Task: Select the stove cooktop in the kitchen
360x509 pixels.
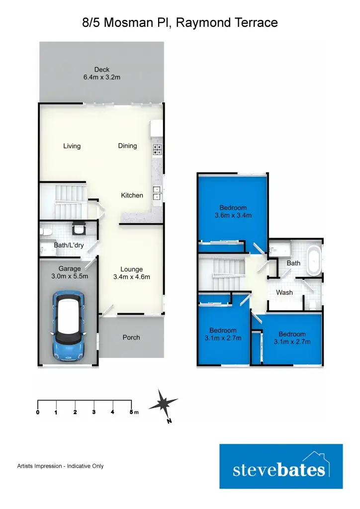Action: pos(157,147)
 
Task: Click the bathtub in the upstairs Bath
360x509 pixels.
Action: pos(313,259)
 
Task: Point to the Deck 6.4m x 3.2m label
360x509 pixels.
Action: pos(102,74)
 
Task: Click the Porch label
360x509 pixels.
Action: pos(131,338)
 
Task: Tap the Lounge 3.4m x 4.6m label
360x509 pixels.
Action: pos(131,273)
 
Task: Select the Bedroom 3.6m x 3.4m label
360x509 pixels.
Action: pos(233,212)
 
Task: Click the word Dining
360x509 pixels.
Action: pos(127,146)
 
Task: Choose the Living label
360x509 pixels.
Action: pos(72,146)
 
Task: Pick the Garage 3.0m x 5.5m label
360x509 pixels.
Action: pos(70,272)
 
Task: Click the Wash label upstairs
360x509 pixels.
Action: pos(284,293)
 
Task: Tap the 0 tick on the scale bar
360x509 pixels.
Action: pos(38,413)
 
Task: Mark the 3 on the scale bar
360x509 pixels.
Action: pos(94,413)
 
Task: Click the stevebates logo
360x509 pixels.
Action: pos(281,467)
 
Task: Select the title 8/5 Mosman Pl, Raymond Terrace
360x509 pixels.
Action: pos(180,23)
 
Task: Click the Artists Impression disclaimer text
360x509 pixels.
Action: pos(60,466)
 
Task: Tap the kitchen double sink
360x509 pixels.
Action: pos(157,192)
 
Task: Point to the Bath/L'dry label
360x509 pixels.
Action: pos(69,245)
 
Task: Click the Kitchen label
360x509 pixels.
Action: pos(132,195)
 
